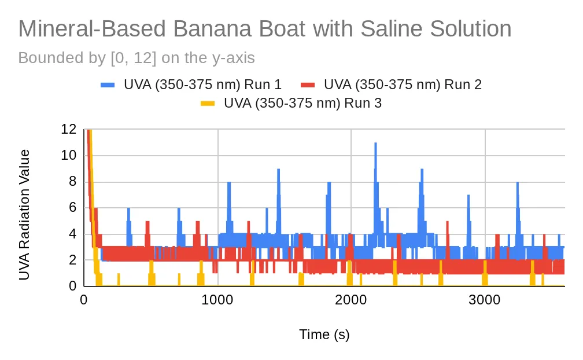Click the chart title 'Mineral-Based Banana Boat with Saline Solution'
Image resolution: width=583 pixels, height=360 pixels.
(x=265, y=28)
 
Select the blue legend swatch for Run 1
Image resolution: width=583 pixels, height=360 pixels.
(x=108, y=85)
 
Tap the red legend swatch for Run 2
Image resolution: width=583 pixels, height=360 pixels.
(x=308, y=85)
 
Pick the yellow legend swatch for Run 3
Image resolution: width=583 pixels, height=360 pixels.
(x=208, y=104)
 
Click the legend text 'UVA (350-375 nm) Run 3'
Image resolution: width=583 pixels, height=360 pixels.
(x=302, y=103)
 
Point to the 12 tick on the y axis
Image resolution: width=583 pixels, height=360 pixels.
(x=68, y=130)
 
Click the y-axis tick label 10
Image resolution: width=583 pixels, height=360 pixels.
(x=68, y=156)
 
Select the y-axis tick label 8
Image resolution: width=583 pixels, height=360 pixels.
(x=72, y=182)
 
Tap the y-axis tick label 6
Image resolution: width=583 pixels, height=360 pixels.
(x=72, y=208)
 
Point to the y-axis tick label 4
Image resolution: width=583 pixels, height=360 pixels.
(x=72, y=234)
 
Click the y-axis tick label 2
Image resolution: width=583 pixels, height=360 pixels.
(x=72, y=260)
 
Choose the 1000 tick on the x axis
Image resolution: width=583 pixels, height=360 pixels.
(x=217, y=300)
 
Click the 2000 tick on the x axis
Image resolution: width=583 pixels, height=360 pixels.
(x=351, y=300)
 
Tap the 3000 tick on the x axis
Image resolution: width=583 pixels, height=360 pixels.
(x=485, y=300)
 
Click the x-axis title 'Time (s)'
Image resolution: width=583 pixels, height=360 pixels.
(x=324, y=335)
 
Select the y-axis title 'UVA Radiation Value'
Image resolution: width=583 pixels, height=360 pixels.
(x=24, y=215)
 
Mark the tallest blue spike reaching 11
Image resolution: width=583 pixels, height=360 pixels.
(x=375, y=143)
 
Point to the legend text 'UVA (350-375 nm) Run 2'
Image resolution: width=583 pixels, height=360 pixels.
(x=403, y=85)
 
